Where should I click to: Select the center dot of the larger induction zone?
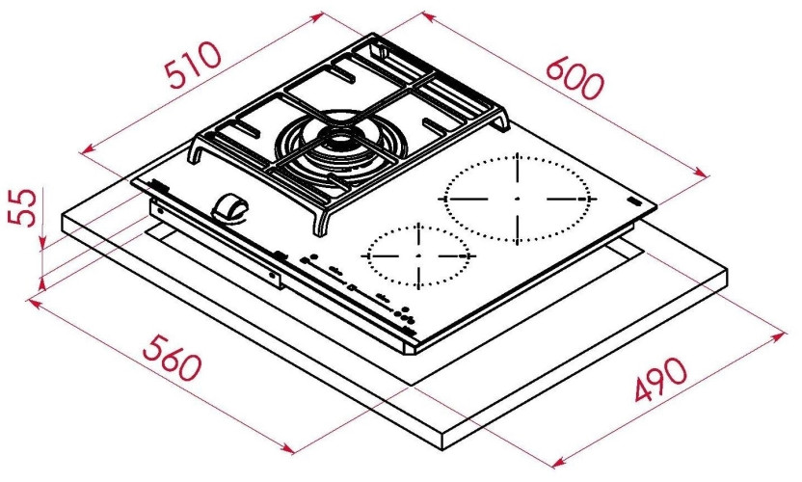click(518, 199)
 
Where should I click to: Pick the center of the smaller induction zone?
click(419, 256)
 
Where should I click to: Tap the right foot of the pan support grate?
click(505, 123)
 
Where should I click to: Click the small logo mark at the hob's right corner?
click(634, 201)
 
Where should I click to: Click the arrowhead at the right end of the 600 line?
click(705, 176)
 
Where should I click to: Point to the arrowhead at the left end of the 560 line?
click(33, 302)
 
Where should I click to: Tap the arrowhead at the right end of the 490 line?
click(781, 336)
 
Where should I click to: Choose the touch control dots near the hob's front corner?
click(404, 318)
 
